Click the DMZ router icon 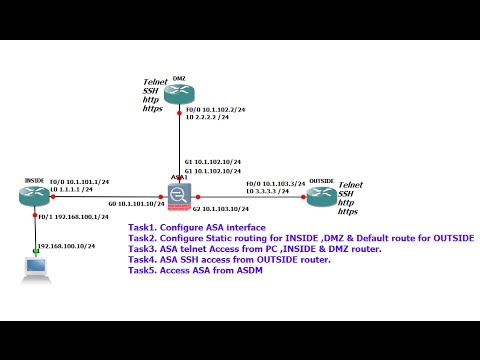(x=180, y=95)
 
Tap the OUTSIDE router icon (x=321, y=197)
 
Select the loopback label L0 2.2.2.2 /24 (x=209, y=117)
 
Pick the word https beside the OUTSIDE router (x=349, y=212)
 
